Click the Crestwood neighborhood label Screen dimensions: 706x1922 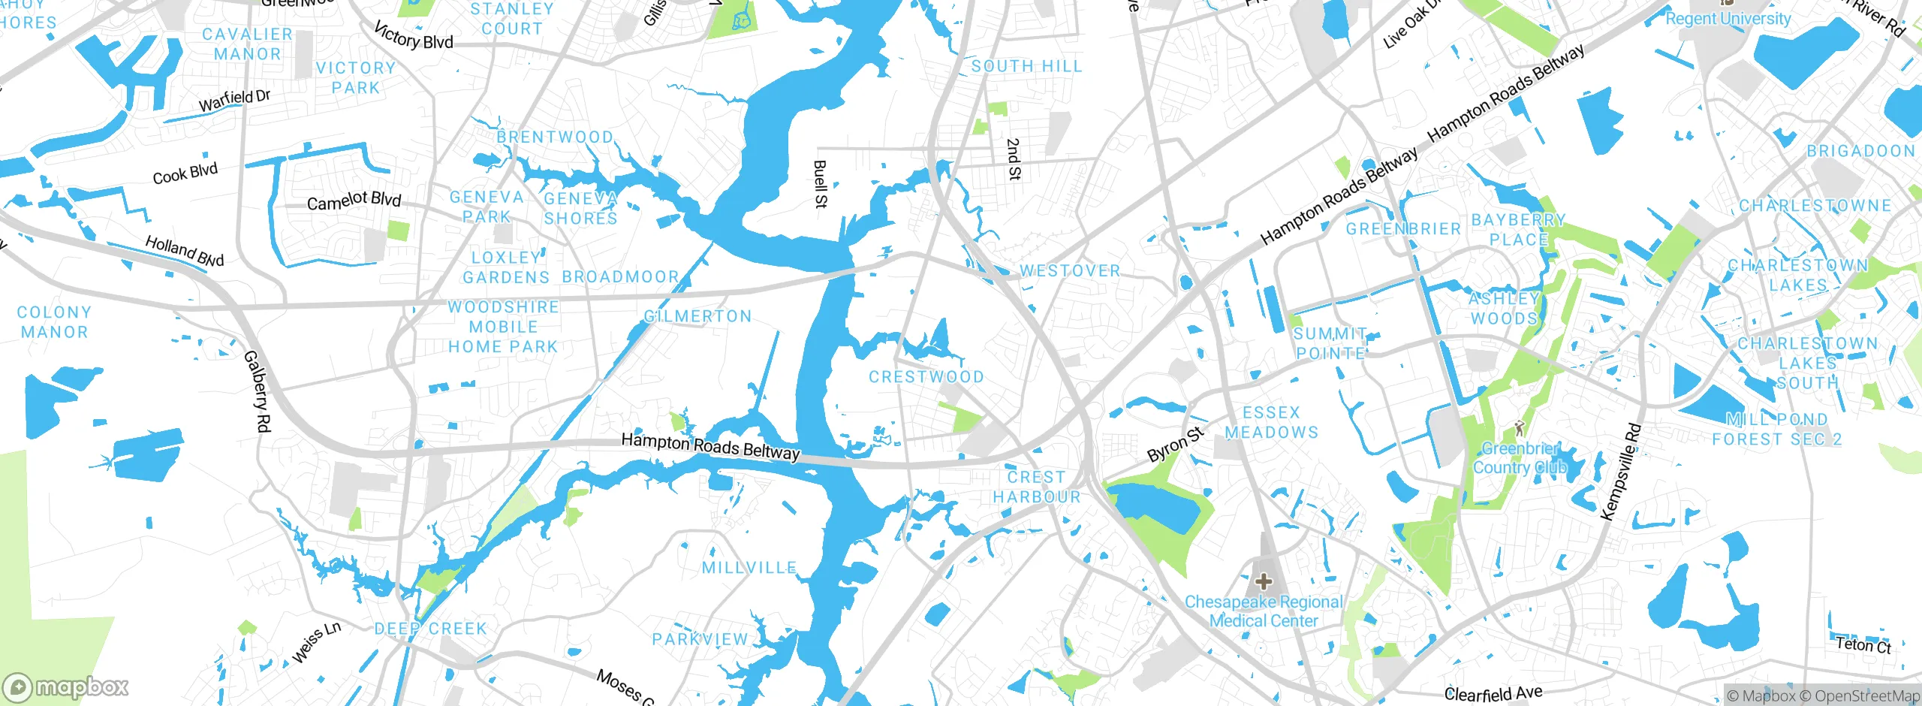[926, 377]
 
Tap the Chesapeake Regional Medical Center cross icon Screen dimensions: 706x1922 [1264, 581]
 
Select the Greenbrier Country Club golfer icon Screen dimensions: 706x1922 [1520, 428]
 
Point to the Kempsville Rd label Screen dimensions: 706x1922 [1621, 472]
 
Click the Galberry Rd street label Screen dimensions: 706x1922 [257, 391]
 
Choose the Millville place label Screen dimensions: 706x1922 [749, 568]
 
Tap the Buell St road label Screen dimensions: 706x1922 [821, 184]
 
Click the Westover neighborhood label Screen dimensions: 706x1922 [1070, 270]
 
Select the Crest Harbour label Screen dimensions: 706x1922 [1036, 487]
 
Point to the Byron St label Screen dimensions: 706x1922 [1175, 444]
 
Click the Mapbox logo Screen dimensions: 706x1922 [66, 686]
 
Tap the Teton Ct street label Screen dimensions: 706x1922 [1863, 644]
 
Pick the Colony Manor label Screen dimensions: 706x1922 [53, 321]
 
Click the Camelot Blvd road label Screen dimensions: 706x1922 [354, 201]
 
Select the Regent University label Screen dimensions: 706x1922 [1728, 19]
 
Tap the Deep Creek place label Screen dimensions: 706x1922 [431, 629]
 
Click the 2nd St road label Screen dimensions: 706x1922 [1014, 158]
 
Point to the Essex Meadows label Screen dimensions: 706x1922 [1271, 422]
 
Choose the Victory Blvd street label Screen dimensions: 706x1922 [414, 35]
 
